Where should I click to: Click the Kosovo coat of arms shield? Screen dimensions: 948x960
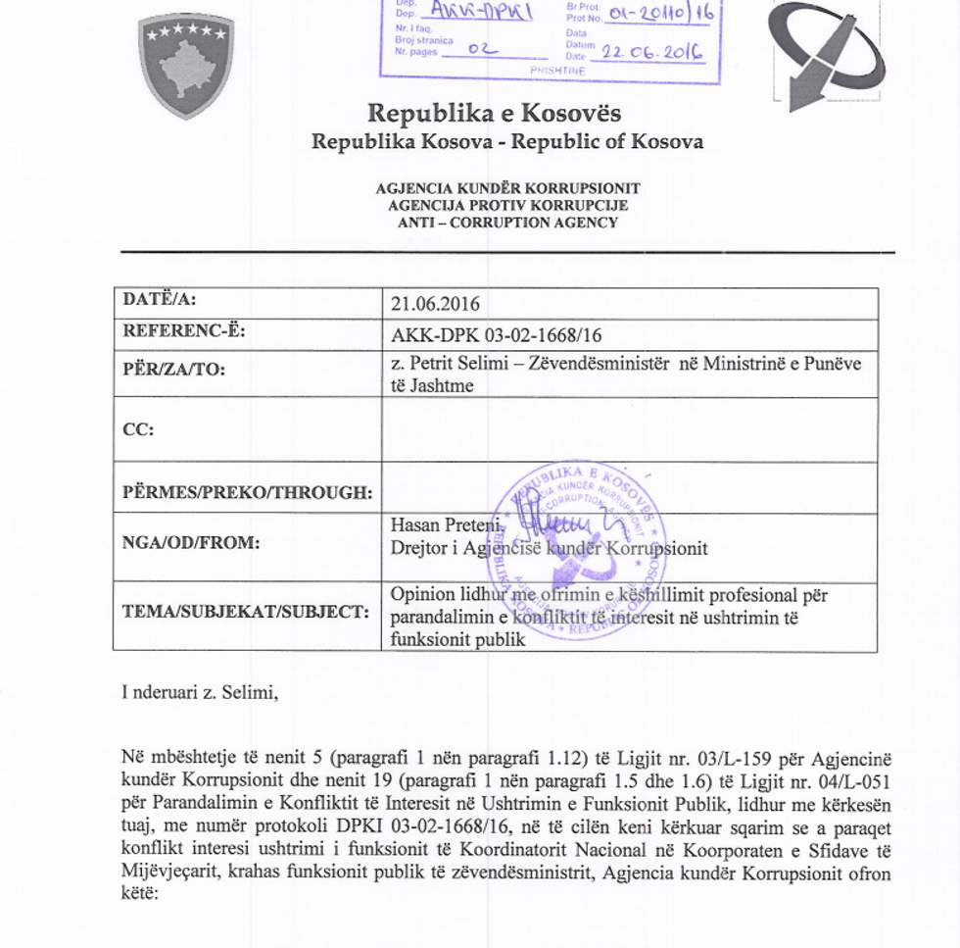click(186, 65)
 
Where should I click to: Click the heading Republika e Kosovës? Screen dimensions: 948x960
click(494, 113)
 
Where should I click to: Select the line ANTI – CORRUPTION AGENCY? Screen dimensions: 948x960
click(507, 223)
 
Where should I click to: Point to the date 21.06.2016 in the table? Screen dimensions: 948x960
click(435, 304)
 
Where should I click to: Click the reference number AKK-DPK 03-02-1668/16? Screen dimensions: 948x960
click(496, 335)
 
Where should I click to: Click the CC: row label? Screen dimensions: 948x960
click(138, 428)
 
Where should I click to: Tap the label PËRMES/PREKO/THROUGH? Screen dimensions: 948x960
click(247, 492)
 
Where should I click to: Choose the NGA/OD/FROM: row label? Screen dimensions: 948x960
click(191, 541)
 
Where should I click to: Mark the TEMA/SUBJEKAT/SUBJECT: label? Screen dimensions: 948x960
click(245, 612)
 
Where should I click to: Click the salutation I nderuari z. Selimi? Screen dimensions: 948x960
click(200, 693)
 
